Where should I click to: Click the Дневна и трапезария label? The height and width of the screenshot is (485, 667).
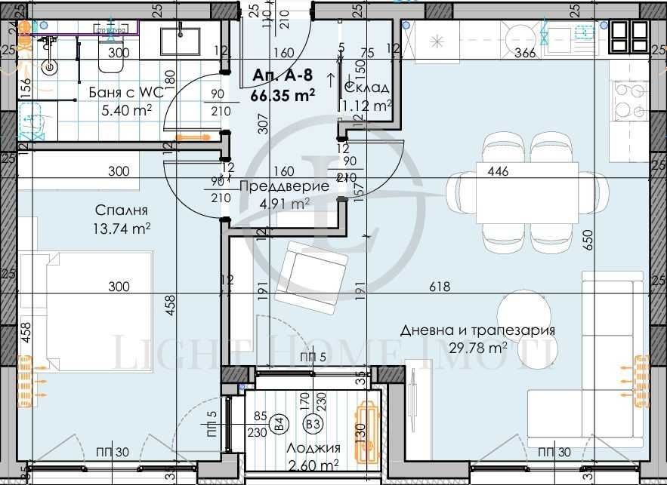coord(488,330)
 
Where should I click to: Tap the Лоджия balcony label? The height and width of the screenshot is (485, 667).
coord(313,447)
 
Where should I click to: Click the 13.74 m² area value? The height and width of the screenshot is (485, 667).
coord(122,229)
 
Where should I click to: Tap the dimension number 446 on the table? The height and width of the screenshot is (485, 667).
coord(498,171)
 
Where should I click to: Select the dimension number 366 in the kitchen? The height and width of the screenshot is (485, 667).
coord(525,53)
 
